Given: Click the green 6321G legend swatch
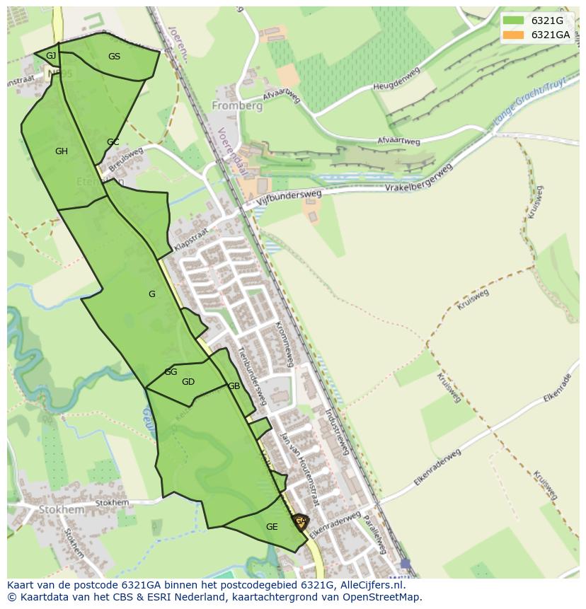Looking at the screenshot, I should pos(514,21).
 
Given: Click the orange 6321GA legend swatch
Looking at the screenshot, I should pos(514,35).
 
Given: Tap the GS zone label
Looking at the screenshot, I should pos(114,57).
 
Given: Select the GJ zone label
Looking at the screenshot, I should pos(51,56).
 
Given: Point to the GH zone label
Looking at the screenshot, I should pos(62,151).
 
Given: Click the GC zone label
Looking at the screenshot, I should pos(113,142).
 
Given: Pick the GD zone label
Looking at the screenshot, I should pos(188,382).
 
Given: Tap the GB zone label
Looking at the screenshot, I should pos(234,386).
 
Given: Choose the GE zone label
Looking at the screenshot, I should pos(272,527).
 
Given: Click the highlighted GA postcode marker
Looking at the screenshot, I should pos(301,522).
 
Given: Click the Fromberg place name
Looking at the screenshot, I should pos(237,106).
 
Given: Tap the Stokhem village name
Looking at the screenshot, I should pos(62,509).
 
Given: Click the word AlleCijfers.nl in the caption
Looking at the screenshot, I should pos(369,585).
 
